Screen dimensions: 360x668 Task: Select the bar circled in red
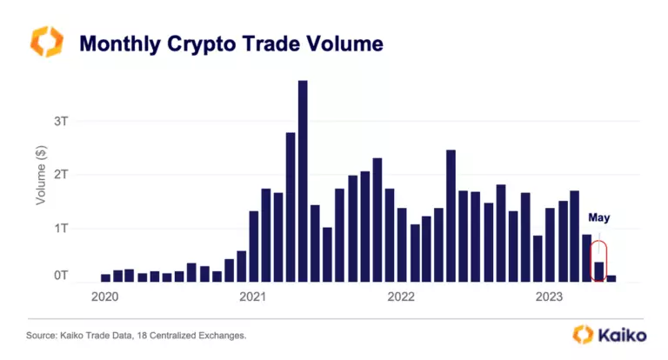click(x=598, y=271)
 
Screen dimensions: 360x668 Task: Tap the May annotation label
click(x=598, y=217)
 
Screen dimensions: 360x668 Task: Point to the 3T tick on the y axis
click(x=60, y=121)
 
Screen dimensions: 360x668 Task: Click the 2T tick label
click(x=60, y=175)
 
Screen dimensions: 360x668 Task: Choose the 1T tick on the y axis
click(x=60, y=229)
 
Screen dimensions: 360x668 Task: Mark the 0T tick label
click(x=60, y=277)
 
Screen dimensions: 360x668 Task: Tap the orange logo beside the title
click(x=47, y=42)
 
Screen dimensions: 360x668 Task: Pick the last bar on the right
click(x=611, y=278)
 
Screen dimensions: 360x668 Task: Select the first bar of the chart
click(x=105, y=277)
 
